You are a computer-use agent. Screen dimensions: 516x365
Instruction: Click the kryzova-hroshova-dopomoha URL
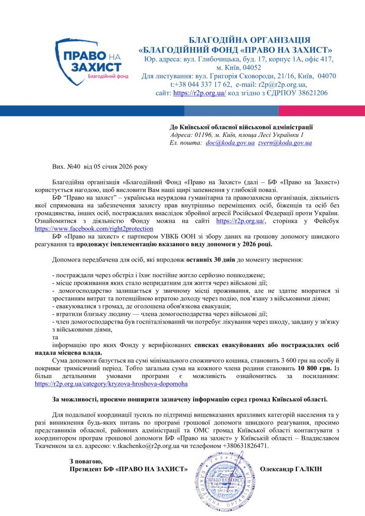[x=111, y=383]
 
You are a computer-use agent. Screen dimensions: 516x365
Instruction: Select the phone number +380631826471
[x=245, y=446]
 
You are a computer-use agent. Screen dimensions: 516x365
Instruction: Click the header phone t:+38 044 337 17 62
[x=201, y=85]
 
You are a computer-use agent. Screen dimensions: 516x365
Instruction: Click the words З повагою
[x=86, y=461]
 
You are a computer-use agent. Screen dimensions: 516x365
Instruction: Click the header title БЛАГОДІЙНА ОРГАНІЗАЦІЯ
[x=250, y=40]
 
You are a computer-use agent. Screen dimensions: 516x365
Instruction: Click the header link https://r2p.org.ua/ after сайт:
[x=199, y=93]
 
